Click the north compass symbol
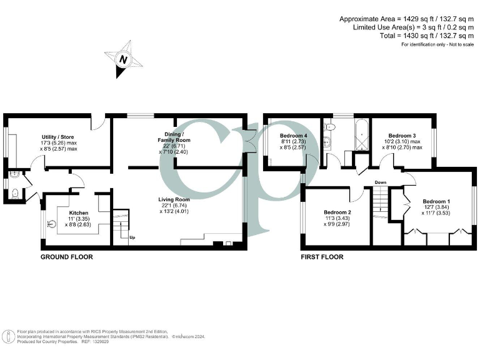pos(122,60)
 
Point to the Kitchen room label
pos(78,213)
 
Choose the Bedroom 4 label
pos(294,136)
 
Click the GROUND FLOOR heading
pos(67,257)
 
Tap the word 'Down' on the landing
pos(381,182)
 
